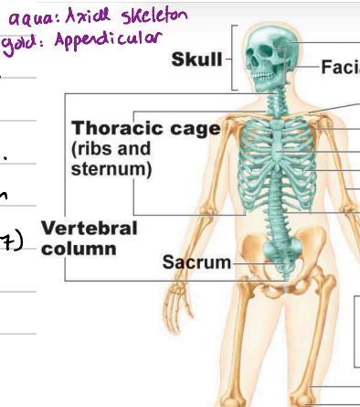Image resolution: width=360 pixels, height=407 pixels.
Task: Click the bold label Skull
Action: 196,60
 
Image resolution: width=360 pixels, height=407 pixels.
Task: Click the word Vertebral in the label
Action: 90,228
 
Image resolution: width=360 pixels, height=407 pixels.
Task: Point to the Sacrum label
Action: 196,263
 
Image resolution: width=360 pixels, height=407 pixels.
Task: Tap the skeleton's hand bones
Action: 173,302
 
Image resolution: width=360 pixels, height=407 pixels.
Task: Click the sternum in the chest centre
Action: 275,146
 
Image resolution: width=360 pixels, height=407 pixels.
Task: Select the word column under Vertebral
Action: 77,248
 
